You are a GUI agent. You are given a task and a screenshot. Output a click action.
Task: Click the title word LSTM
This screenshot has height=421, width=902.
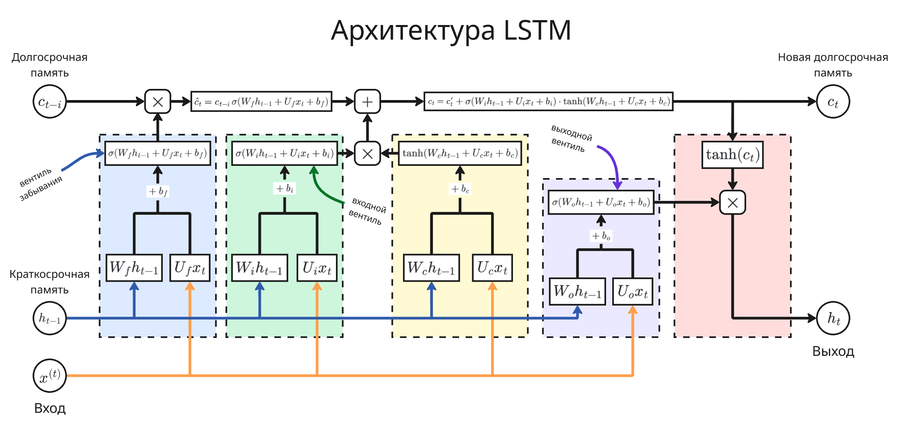pos(537,30)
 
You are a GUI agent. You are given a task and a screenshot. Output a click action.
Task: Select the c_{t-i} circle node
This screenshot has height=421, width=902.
pos(50,102)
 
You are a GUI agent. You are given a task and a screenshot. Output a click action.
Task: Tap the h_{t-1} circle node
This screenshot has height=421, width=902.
pos(50,318)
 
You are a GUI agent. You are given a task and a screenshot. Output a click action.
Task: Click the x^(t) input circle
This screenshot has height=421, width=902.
pos(50,376)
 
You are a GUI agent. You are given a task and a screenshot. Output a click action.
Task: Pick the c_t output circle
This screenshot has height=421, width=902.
pos(833,102)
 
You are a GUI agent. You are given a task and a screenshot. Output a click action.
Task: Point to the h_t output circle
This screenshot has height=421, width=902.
pos(833,318)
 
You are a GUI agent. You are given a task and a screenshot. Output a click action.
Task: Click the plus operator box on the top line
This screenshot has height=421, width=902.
pos(367,102)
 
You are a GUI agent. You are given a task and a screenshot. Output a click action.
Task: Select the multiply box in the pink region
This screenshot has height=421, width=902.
pos(732,202)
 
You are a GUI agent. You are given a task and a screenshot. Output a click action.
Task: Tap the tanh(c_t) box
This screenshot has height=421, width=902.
pos(732,155)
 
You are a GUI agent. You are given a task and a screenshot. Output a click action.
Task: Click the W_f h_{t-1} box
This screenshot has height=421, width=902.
pos(134,268)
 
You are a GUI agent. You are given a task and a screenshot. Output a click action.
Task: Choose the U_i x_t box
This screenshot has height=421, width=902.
pos(317,268)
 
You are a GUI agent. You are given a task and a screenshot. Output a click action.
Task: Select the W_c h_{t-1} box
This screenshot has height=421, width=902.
pos(431,268)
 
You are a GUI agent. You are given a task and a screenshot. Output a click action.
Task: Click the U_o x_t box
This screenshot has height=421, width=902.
pos(633,291)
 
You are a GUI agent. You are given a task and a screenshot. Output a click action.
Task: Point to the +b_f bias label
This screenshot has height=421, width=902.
pos(158,191)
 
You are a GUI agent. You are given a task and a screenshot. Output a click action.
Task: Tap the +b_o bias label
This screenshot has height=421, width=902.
pos(601,236)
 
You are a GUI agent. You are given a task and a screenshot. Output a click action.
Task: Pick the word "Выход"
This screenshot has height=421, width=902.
pos(833,351)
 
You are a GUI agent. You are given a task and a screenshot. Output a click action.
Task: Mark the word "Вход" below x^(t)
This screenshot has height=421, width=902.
pos(50,408)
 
